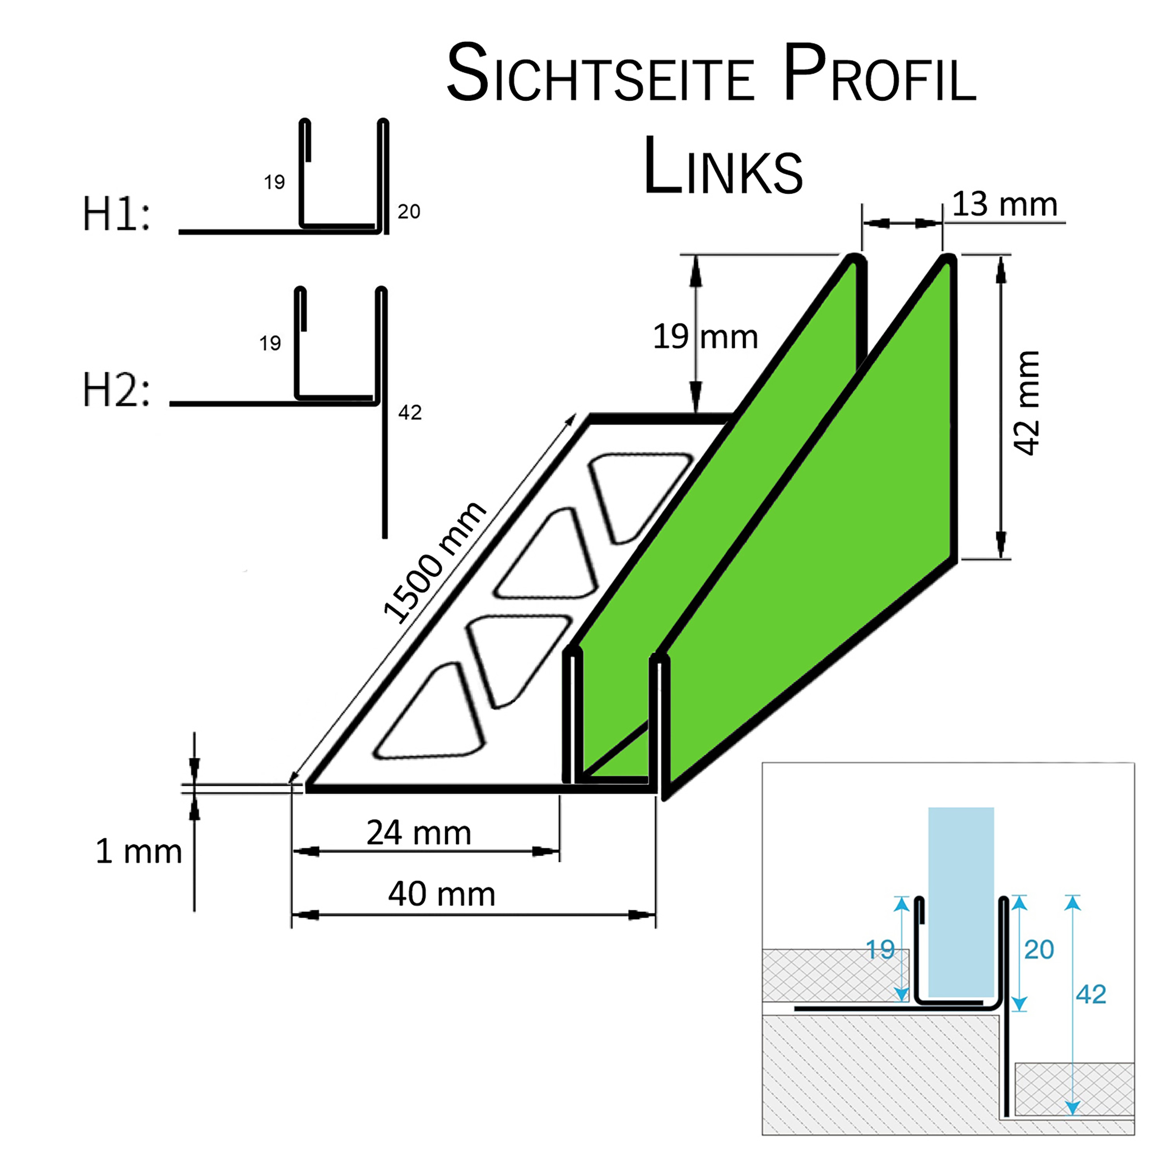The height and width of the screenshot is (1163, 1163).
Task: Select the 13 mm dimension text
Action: click(x=1004, y=204)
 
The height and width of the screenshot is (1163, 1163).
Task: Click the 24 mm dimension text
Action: click(x=419, y=833)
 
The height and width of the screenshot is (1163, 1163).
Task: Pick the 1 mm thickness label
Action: click(x=139, y=851)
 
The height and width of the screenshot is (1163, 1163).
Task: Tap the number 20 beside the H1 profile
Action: click(x=409, y=211)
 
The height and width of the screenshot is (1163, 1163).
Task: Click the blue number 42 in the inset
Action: click(x=1091, y=995)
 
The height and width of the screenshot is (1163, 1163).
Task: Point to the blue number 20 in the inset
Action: click(x=1039, y=950)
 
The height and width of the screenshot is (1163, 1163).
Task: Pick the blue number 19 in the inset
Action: click(x=880, y=950)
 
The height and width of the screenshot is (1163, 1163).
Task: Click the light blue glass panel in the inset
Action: click(x=961, y=903)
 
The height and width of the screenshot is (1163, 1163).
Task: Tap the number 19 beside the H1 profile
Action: click(x=274, y=182)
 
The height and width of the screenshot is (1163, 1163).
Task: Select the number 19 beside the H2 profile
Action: click(x=270, y=343)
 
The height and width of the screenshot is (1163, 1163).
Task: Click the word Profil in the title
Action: click(x=880, y=74)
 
